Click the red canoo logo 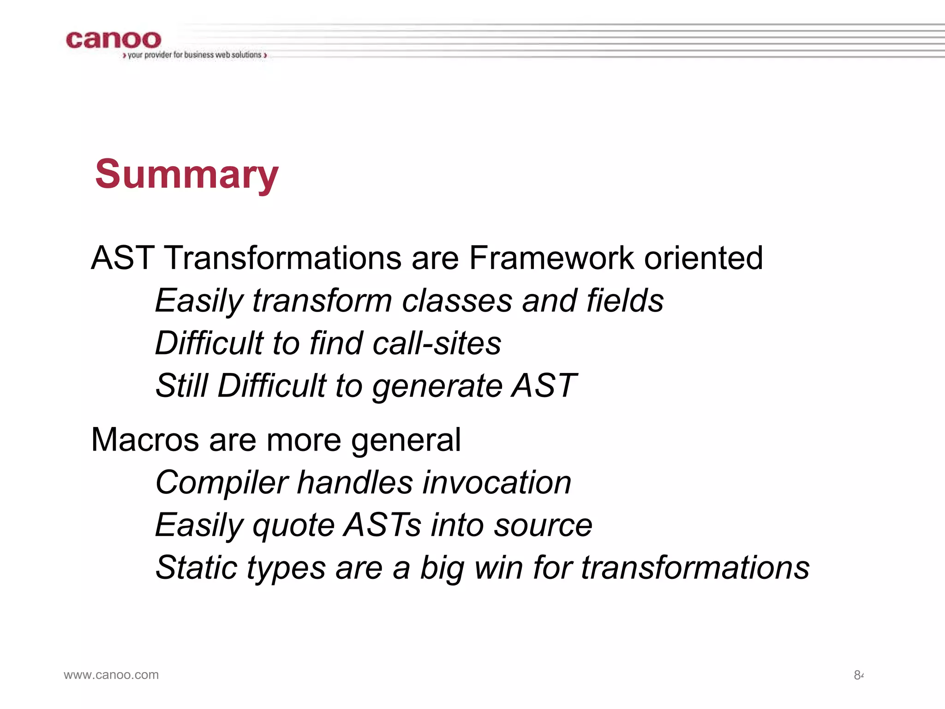click(x=114, y=40)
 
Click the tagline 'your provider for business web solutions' click(x=194, y=55)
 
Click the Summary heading click(x=186, y=174)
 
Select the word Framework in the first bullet click(x=551, y=258)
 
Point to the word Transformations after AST click(x=283, y=258)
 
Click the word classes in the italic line click(x=456, y=300)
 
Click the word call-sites click(x=437, y=343)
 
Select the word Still click(x=182, y=386)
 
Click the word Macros click(x=145, y=439)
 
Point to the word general click(x=406, y=440)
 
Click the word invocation click(x=496, y=482)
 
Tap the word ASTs click(x=383, y=525)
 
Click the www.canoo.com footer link click(x=111, y=675)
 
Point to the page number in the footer click(x=858, y=675)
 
